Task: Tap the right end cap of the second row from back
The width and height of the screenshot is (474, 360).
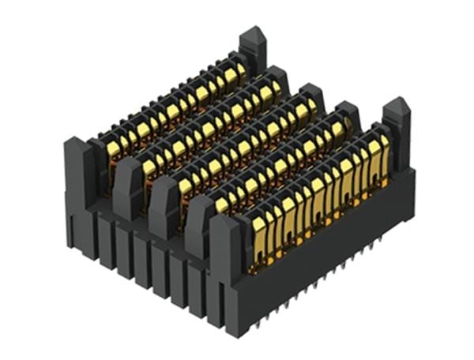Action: click(277, 77)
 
